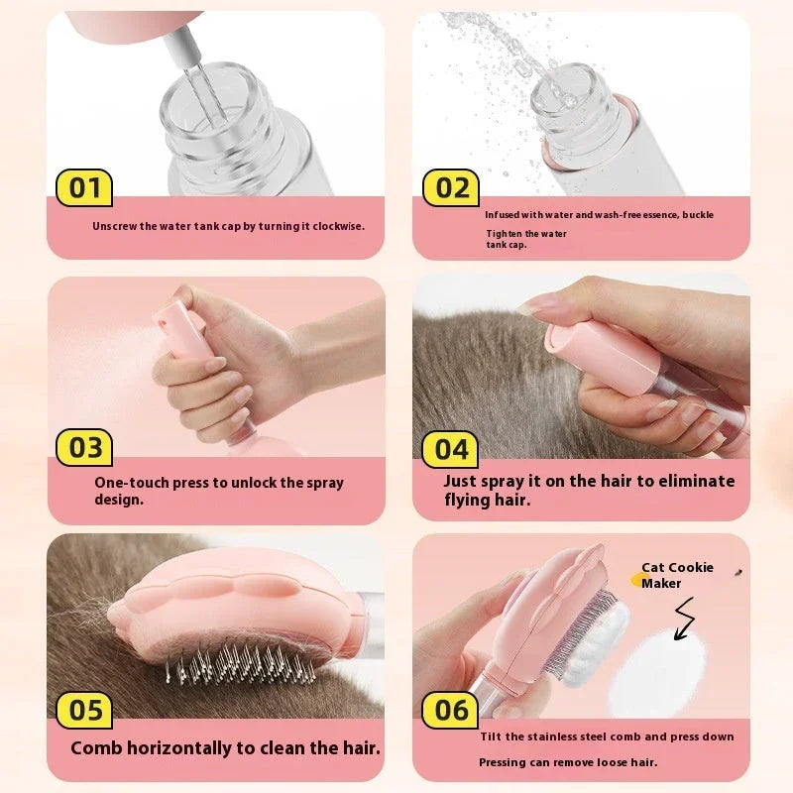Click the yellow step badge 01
(x=84, y=187)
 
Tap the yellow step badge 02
(x=451, y=187)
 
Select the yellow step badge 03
(x=84, y=447)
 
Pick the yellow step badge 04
(x=451, y=449)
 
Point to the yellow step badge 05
(x=84, y=710)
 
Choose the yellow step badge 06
(x=451, y=710)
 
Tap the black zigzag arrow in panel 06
(x=684, y=620)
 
